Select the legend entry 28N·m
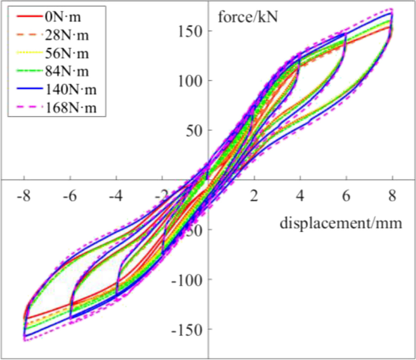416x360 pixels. [x=66, y=33]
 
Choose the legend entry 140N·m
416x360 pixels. [x=70, y=90]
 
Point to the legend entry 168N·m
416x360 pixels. [x=70, y=109]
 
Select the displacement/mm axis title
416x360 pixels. [x=341, y=222]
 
